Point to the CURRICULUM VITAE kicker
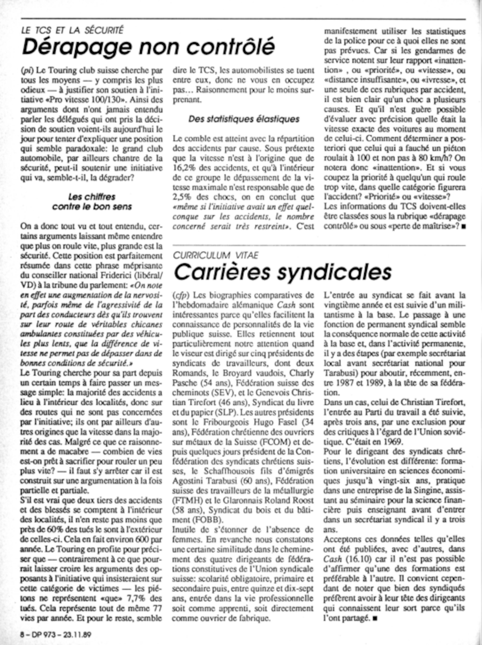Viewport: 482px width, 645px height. pos(216,255)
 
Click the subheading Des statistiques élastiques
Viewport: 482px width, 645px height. pos(244,119)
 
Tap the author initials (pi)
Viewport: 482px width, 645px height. pos(25,71)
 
